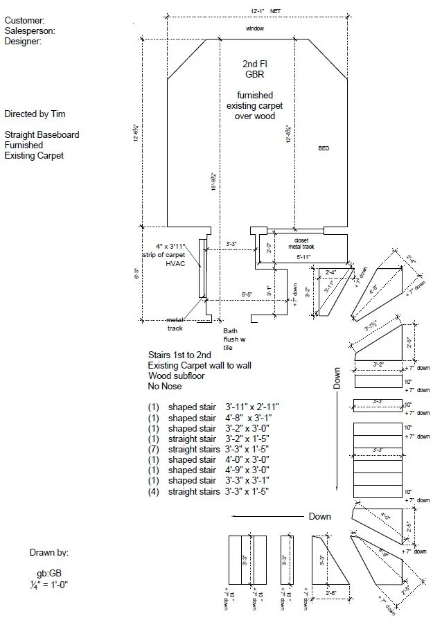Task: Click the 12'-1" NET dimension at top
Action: tap(265, 11)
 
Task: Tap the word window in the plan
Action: tap(255, 29)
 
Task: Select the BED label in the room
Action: tap(324, 149)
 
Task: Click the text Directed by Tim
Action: tap(35, 114)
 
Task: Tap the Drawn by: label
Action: tap(48, 553)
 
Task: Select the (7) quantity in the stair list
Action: tap(154, 449)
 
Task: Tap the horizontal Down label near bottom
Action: tap(319, 516)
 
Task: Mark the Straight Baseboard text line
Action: tap(42, 134)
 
